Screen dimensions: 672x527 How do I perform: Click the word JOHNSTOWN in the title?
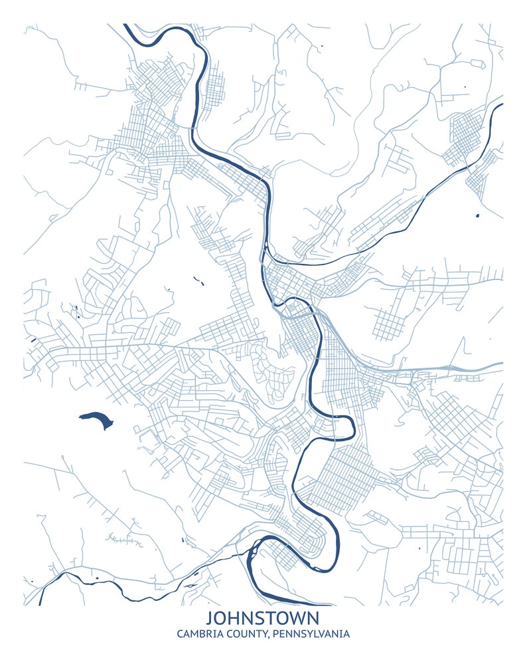(x=263, y=617)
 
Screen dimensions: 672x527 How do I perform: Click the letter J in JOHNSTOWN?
(x=210, y=617)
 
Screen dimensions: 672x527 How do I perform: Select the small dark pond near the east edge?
(x=477, y=215)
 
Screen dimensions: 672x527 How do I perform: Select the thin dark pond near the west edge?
(x=33, y=342)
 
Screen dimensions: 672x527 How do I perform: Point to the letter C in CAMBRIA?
(x=181, y=634)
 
